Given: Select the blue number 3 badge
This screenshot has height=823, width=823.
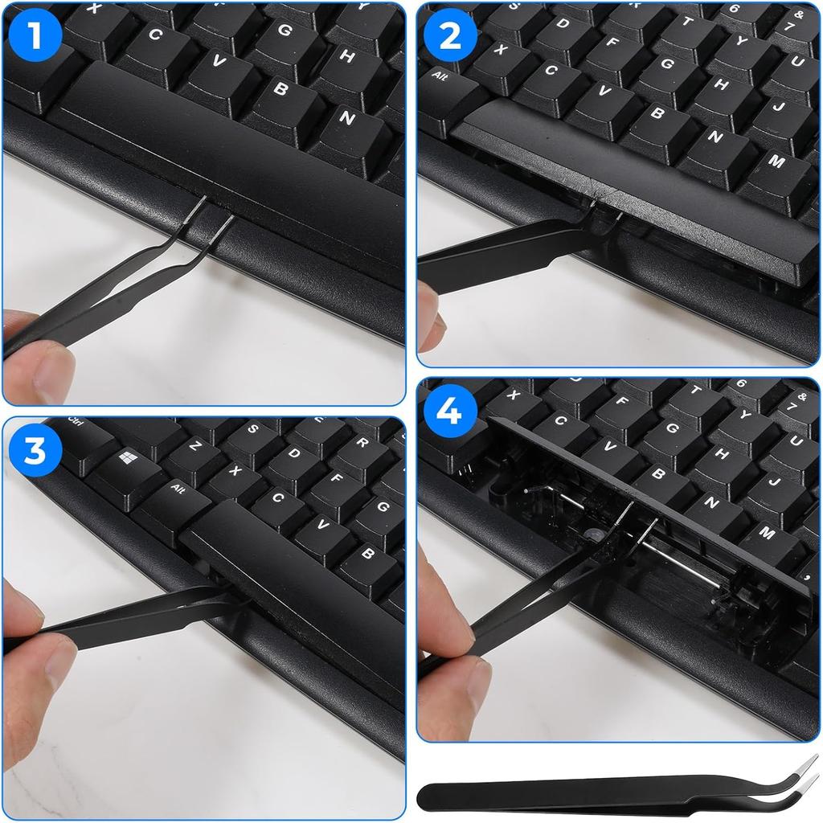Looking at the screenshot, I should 34,452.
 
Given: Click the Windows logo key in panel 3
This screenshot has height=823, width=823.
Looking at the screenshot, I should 126,459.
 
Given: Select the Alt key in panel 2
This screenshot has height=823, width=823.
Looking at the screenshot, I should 441,77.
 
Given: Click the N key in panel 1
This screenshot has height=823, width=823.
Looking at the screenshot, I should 346,117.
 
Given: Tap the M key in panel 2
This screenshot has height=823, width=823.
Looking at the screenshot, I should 776,161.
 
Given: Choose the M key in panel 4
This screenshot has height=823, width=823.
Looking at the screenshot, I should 767,533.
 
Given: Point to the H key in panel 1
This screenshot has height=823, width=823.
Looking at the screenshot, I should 346,57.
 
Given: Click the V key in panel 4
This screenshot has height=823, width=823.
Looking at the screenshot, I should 609,446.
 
